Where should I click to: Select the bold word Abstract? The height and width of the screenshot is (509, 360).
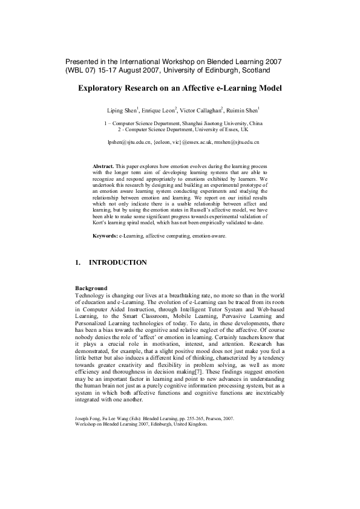[103, 165]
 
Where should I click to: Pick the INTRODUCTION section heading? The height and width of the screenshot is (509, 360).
[117, 263]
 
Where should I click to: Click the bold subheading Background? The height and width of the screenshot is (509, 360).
[91, 288]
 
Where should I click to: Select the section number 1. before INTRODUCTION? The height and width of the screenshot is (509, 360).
[77, 263]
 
